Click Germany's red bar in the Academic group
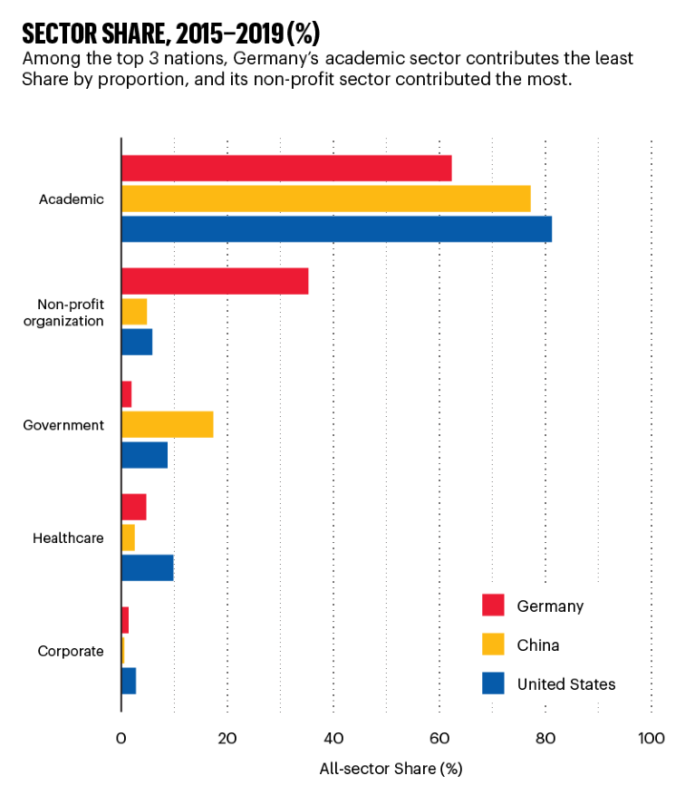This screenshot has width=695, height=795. (x=285, y=169)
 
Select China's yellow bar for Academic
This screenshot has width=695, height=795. (x=325, y=199)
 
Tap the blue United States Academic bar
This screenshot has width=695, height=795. (x=336, y=229)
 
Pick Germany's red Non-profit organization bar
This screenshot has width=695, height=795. (x=214, y=281)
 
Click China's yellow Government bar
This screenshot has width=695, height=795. (x=167, y=424)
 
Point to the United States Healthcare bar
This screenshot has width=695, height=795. (x=147, y=567)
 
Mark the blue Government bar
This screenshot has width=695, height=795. (x=144, y=455)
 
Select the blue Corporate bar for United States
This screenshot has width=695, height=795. (x=129, y=681)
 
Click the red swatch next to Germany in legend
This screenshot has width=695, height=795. (x=493, y=606)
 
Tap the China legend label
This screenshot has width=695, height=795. (x=537, y=645)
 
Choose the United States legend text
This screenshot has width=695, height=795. (x=565, y=684)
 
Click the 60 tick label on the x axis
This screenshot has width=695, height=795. (x=439, y=739)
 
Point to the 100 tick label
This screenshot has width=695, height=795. (x=651, y=739)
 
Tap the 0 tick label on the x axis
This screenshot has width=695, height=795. (x=121, y=739)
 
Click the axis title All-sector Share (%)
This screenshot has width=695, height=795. (x=391, y=770)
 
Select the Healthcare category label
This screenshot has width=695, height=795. (x=68, y=538)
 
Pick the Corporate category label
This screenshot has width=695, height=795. (x=71, y=651)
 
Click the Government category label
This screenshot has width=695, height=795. (x=64, y=425)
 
